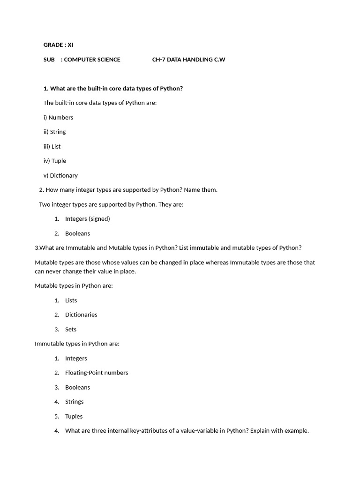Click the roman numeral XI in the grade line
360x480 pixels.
[x=70, y=45]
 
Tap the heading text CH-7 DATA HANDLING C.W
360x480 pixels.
[x=188, y=60]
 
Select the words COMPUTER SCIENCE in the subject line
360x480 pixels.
[x=92, y=60]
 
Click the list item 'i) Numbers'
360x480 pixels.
[x=58, y=117]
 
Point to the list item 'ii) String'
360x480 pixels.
[x=54, y=132]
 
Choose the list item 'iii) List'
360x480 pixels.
[x=52, y=146]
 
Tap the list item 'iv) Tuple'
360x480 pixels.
[x=55, y=161]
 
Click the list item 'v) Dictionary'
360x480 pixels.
[x=60, y=175]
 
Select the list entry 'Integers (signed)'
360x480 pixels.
[x=87, y=219]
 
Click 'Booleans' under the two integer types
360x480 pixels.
[x=77, y=233]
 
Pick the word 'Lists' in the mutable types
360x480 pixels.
[x=71, y=300]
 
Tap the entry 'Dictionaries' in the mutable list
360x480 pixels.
[x=81, y=315]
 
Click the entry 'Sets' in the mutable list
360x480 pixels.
[x=71, y=330]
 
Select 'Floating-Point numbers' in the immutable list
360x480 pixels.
[x=97, y=373]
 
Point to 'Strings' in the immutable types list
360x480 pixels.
[x=74, y=402]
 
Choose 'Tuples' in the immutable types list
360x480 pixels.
[x=74, y=416]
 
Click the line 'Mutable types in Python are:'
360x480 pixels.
[x=74, y=285]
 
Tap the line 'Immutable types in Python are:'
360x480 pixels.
[x=77, y=344]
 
